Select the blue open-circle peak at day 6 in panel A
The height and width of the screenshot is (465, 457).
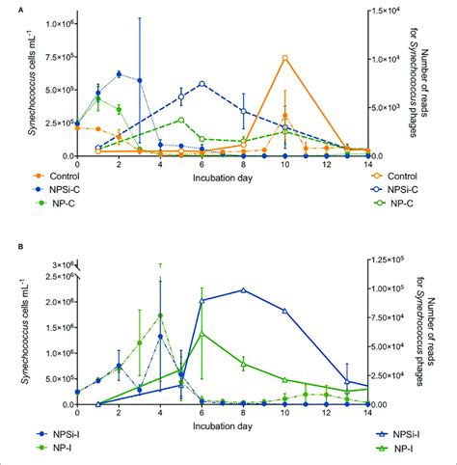[x=202, y=83]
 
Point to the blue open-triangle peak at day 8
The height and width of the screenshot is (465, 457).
[x=243, y=289]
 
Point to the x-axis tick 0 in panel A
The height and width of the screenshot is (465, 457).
[x=76, y=164]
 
